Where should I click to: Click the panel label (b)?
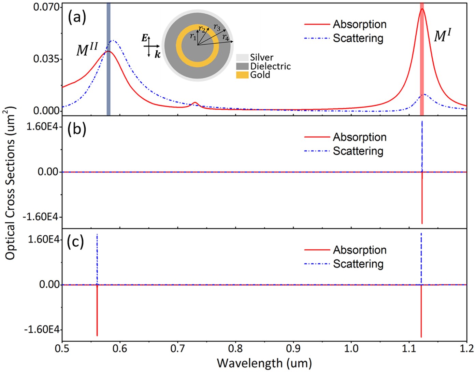tap(77, 130)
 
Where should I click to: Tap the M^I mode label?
tap(443, 36)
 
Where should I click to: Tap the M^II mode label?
tap(87, 50)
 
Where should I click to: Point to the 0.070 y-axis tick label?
tap(46, 7)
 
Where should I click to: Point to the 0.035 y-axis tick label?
tap(46, 59)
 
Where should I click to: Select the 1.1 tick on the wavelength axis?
tap(409, 348)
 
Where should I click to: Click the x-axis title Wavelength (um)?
tap(264, 363)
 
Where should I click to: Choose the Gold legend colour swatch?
tap(242, 75)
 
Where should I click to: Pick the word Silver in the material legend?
tap(261, 57)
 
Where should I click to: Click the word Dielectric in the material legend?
tap(270, 66)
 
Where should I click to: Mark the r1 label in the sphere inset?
tap(193, 36)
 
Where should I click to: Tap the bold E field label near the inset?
tap(145, 38)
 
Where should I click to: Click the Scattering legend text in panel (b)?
tap(358, 151)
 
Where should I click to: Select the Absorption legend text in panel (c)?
tap(360, 250)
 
